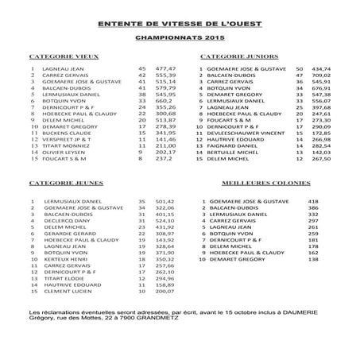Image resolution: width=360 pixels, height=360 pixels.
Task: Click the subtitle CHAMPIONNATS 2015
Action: pos(180,37)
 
